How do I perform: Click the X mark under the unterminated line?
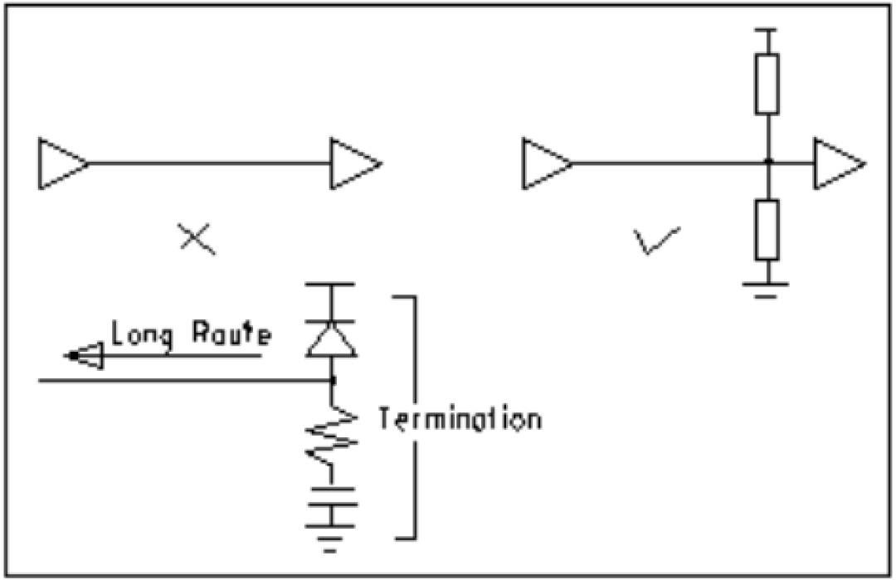click(197, 239)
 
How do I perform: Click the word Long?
click(141, 334)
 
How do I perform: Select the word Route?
click(231, 333)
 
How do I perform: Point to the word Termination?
click(460, 419)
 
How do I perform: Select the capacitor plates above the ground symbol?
click(331, 497)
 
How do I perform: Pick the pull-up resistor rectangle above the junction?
click(767, 84)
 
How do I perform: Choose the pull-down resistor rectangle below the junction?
click(767, 230)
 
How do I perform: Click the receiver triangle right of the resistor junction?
click(837, 163)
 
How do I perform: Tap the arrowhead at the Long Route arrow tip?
click(84, 355)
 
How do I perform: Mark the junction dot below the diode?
click(333, 380)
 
